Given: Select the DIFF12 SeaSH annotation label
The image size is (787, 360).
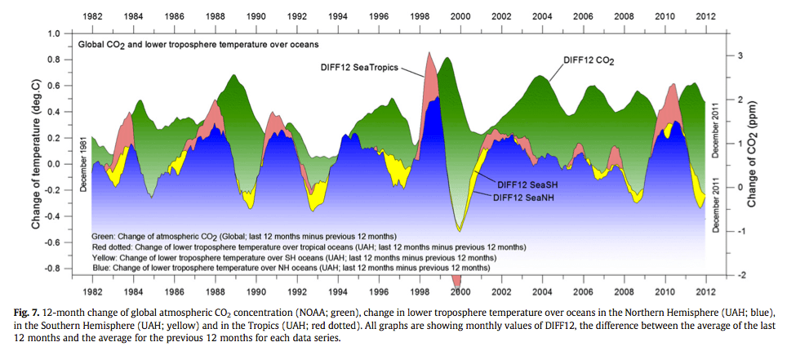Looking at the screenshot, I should point(527,185).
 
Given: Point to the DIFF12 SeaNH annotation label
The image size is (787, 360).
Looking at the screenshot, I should point(527,197).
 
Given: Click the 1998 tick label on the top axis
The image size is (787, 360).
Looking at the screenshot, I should point(419,16).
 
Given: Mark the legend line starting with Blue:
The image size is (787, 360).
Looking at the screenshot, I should point(290,267).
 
